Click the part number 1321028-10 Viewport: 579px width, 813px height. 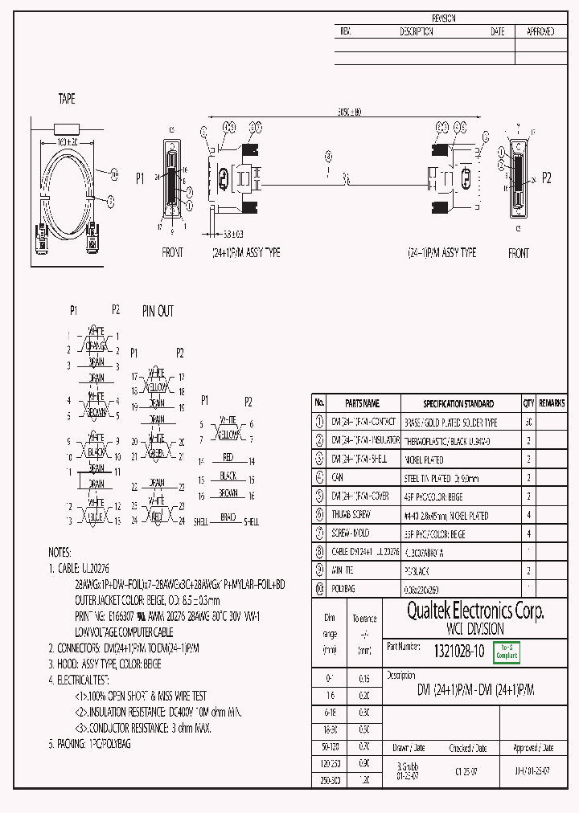459,652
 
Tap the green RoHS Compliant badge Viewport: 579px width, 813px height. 507,652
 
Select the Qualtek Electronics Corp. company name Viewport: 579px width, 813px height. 474,611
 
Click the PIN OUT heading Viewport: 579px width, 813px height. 158,311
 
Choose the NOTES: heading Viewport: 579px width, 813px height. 60,553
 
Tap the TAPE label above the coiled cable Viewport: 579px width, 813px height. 67,99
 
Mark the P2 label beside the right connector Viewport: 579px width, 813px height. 547,178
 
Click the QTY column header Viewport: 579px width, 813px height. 528,403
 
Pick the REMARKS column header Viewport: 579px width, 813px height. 552,403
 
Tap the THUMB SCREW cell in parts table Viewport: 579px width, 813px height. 351,516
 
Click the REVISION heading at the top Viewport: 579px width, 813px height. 444,18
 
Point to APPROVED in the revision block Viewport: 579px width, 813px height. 540,32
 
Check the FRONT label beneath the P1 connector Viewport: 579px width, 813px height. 173,252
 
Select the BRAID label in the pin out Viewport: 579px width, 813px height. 228,517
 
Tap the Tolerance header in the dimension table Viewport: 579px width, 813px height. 364,619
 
